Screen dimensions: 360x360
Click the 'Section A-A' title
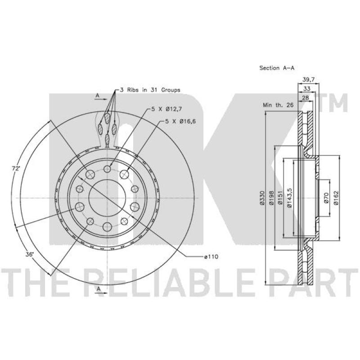coord(277,68)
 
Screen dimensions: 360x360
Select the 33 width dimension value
coord(306,89)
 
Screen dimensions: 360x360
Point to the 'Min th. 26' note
coord(278,105)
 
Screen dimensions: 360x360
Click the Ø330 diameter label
coord(261,198)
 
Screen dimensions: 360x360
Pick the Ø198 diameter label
coord(271,198)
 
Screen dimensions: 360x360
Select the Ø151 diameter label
coord(280,198)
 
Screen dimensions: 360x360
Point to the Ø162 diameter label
coord(336,198)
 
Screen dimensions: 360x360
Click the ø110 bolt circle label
coord(211,256)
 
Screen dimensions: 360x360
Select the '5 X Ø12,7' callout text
coord(164,109)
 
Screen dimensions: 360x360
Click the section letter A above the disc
coord(97,96)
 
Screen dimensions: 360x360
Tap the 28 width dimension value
coord(305,98)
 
